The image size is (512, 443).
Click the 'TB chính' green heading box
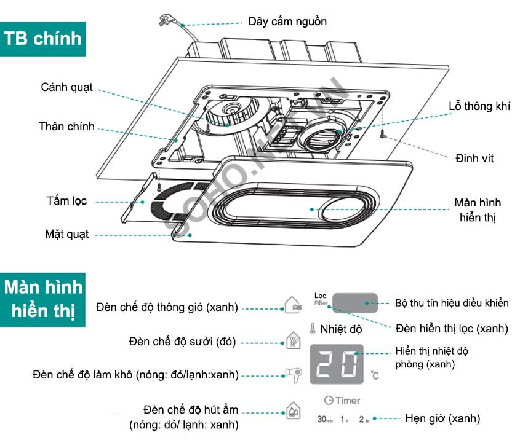tap(42, 39)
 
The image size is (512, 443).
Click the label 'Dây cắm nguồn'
tap(287, 22)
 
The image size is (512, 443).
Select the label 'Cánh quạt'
tap(67, 87)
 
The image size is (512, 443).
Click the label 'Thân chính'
tap(66, 127)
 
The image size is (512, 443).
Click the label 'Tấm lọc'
tap(66, 201)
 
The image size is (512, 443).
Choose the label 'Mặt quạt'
tap(66, 234)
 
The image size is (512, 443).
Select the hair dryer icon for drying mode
tap(292, 374)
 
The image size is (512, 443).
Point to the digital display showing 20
tap(336, 365)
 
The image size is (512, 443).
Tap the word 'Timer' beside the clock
tap(348, 401)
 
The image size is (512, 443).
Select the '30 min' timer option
tap(324, 420)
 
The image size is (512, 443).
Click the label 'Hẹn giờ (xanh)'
tap(442, 419)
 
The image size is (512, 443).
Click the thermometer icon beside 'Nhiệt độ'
tap(313, 329)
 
